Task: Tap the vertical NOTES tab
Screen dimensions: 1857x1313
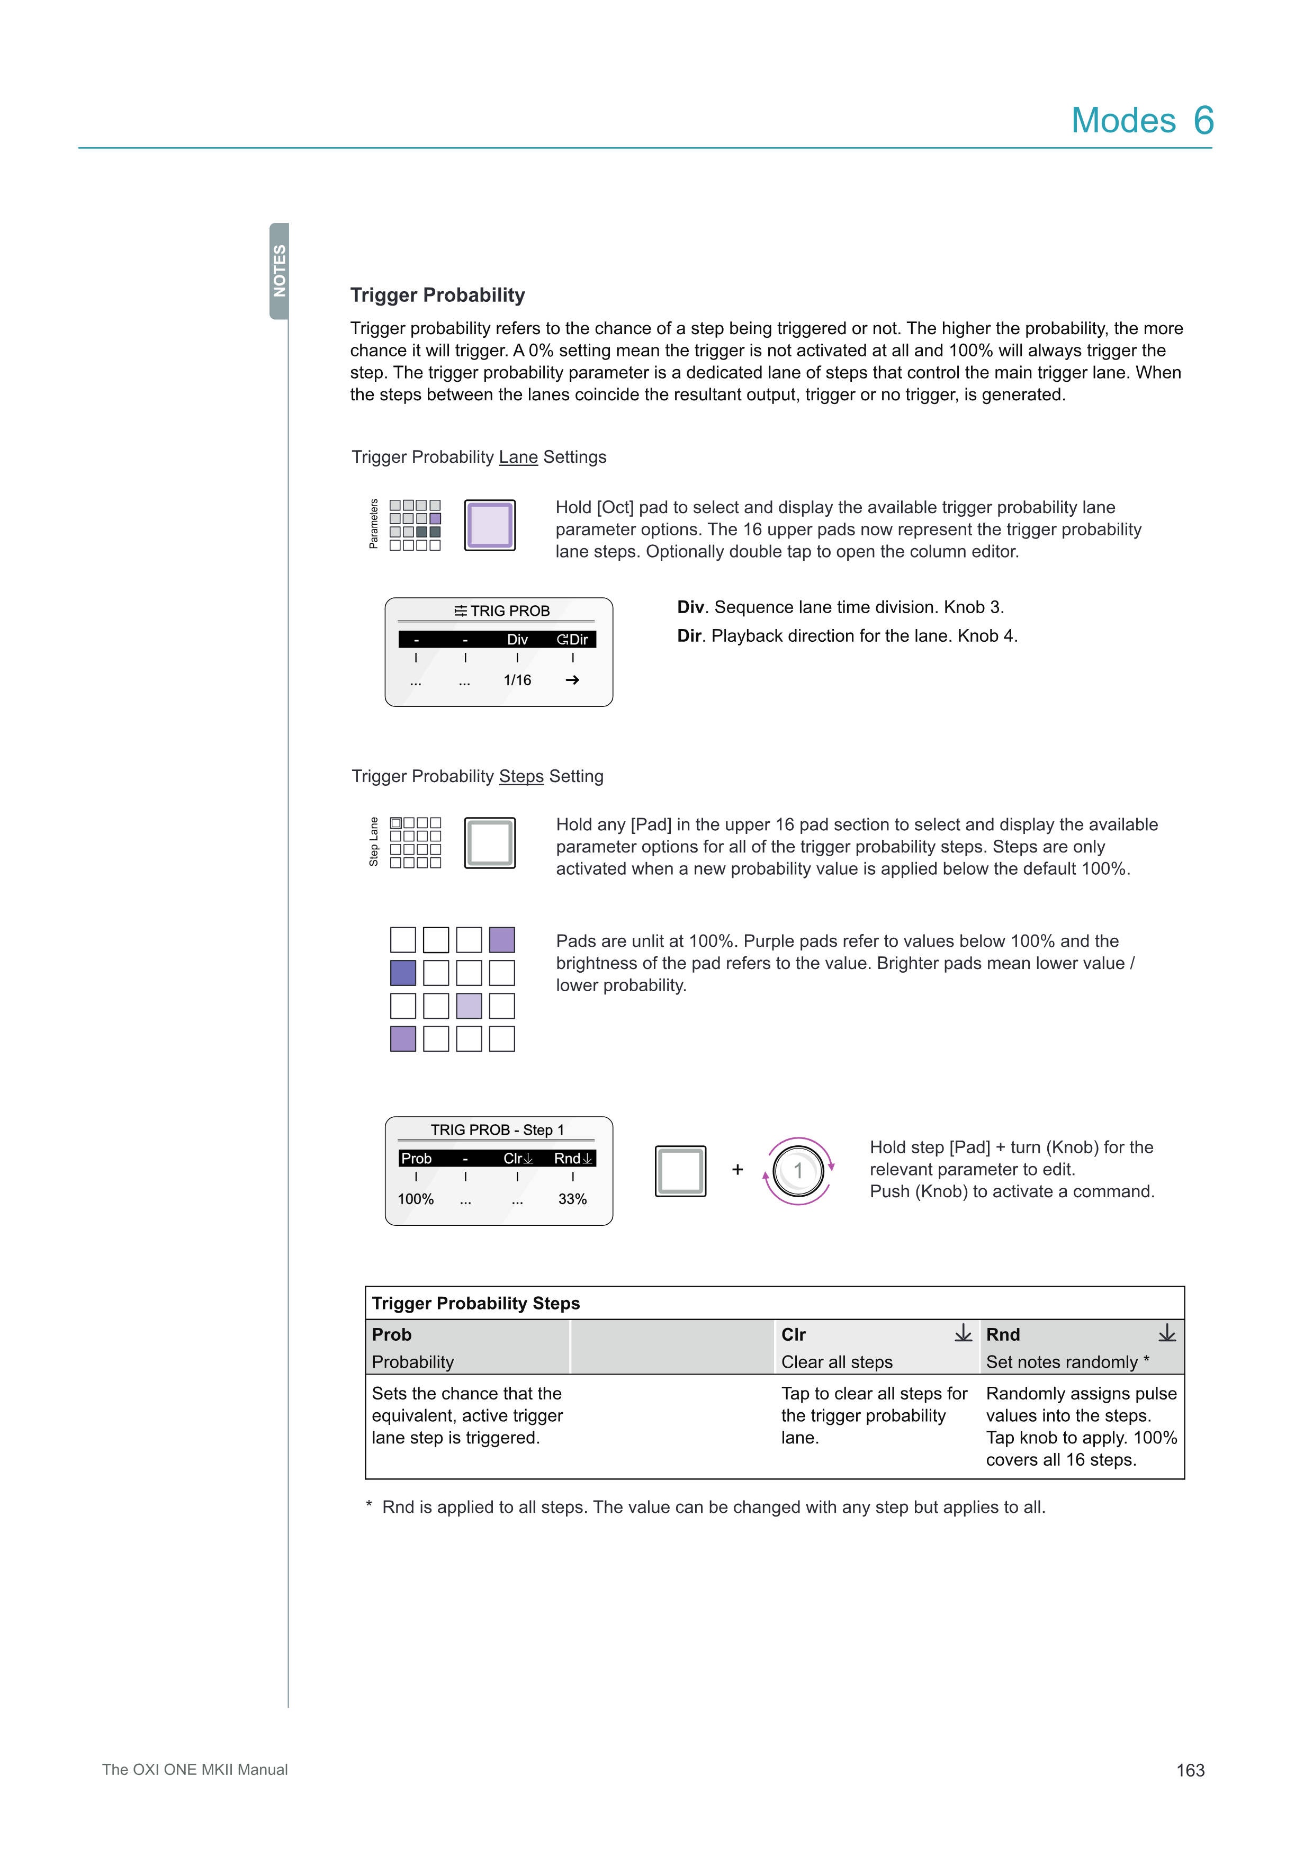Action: tap(279, 271)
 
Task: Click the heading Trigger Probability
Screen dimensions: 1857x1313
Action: tap(437, 295)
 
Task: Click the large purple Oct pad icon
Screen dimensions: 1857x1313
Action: tap(490, 525)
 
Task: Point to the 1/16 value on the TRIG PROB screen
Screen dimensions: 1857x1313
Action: tap(517, 680)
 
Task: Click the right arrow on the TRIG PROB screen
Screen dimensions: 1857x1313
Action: tap(572, 680)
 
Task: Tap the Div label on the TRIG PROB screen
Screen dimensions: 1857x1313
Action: tap(517, 639)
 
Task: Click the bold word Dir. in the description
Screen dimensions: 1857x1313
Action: tap(690, 636)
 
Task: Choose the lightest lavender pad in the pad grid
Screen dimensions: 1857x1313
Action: tap(469, 1006)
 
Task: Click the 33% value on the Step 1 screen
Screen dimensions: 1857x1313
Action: tap(572, 1199)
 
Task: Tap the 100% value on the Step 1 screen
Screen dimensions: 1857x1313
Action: tap(416, 1199)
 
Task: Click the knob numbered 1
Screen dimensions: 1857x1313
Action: tap(798, 1170)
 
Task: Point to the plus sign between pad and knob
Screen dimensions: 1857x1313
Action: tap(738, 1170)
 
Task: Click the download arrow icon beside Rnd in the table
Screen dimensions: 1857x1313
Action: tap(1167, 1333)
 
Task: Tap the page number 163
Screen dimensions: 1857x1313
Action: tap(1190, 1771)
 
